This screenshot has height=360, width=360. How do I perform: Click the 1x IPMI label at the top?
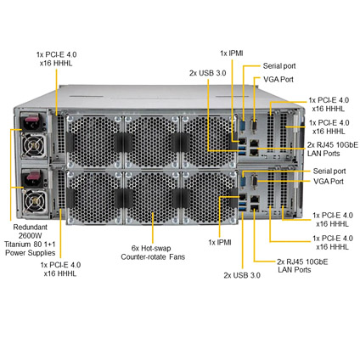pos(232,53)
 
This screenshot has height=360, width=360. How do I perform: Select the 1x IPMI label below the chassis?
pos(220,242)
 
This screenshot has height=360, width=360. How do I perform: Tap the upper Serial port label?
pos(279,66)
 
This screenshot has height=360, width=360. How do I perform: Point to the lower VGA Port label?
pos(329,181)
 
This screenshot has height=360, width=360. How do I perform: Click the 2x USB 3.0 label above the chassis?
pos(208,73)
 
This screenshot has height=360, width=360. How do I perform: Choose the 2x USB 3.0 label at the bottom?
pos(242,275)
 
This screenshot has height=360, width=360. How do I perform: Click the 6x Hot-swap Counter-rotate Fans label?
pos(153,252)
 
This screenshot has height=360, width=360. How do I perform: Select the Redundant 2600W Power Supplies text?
pos(30,240)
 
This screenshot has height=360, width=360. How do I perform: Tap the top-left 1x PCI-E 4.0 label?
pos(56,59)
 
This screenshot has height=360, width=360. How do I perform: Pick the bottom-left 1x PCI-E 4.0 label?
pos(60,269)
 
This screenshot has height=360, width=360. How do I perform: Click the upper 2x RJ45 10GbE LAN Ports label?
pos(333,149)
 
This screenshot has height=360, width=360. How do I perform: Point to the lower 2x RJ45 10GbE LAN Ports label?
pos(302,266)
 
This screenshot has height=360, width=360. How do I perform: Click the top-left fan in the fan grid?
pos(94,142)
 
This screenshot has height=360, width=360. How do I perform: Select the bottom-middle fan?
pos(152,197)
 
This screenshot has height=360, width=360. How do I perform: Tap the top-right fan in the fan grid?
pos(210,142)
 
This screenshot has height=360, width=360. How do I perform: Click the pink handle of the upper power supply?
pos(31,121)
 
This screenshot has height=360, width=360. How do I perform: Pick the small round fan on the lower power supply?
pos(34,200)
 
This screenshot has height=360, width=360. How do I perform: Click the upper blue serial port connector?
pos(243,125)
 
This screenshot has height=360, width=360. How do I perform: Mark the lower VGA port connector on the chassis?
pos(254,181)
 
